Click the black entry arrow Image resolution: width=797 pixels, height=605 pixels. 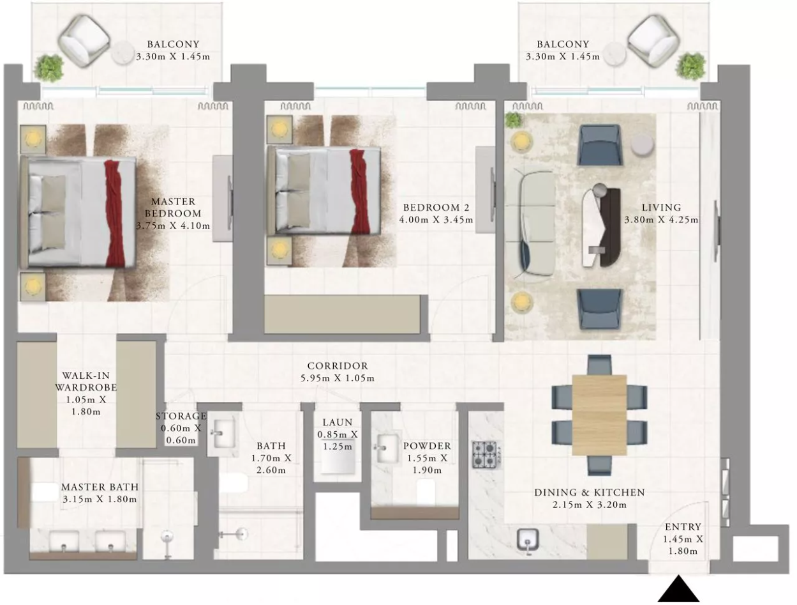(678, 589)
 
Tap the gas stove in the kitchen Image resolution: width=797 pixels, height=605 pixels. (485, 455)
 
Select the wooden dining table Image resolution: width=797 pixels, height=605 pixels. (599, 415)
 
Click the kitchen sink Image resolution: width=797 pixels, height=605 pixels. (528, 540)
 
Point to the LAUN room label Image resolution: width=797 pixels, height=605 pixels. (338, 422)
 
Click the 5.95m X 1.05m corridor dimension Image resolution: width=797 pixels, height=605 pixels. (338, 378)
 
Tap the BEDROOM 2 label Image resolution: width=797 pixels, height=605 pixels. (436, 208)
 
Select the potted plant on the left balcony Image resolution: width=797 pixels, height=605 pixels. (48, 68)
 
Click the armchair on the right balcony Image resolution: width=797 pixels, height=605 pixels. (653, 41)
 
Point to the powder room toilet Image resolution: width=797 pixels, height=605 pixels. (426, 491)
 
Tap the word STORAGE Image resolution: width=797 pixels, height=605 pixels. (181, 416)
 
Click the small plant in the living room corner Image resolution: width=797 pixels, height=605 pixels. (513, 120)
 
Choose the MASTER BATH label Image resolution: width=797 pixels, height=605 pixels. (100, 487)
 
